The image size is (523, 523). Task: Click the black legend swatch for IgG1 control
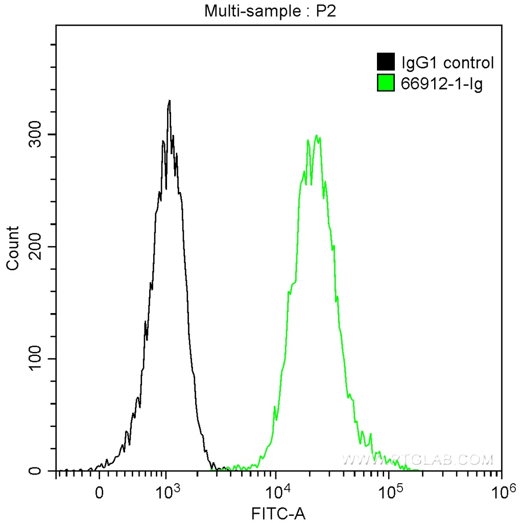point(386,62)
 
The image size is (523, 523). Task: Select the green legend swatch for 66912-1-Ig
point(386,83)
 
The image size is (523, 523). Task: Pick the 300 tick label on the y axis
point(34,134)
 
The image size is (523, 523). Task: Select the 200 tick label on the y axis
point(34,247)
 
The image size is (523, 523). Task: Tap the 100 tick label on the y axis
point(34,359)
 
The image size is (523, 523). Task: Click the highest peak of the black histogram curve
point(169,101)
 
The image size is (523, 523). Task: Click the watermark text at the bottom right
point(418,460)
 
